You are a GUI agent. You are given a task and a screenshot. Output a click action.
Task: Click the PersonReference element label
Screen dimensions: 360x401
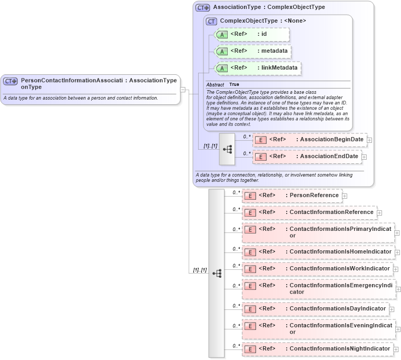tap(314, 196)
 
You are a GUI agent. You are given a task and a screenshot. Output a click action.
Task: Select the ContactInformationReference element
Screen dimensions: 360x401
tap(331, 212)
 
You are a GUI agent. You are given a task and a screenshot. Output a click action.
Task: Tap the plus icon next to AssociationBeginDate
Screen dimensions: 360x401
tap(370, 140)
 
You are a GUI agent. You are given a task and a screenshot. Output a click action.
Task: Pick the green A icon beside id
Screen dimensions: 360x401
tap(222, 35)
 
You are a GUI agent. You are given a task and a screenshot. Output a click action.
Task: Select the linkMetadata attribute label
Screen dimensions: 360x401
tap(279, 68)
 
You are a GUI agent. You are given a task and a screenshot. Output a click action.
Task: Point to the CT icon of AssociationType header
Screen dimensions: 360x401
tap(202, 8)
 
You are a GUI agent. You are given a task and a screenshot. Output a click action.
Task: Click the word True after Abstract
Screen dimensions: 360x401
tap(234, 85)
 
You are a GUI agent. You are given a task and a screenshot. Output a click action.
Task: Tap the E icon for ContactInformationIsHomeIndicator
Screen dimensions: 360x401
tap(251, 252)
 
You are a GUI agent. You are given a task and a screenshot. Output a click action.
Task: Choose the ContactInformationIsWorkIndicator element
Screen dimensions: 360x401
tap(339, 269)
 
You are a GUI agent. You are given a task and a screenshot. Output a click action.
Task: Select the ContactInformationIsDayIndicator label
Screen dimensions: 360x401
tap(338, 309)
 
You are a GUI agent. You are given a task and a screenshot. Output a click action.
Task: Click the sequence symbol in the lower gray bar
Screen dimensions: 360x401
tap(217, 274)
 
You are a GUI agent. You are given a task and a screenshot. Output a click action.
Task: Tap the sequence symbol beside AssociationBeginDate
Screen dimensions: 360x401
tap(227, 149)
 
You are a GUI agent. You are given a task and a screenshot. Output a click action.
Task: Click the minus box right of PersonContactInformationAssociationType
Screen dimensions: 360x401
tap(183, 90)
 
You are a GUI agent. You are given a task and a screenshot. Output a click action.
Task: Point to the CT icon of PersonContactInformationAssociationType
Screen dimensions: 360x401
tap(11, 82)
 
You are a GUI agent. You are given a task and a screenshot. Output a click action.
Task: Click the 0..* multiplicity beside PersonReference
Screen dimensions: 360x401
tap(237, 192)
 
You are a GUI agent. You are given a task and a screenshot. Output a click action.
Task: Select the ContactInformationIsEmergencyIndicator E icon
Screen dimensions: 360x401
tap(251, 286)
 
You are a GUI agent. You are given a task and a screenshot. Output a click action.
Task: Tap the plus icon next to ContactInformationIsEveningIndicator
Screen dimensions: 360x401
tap(397, 329)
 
